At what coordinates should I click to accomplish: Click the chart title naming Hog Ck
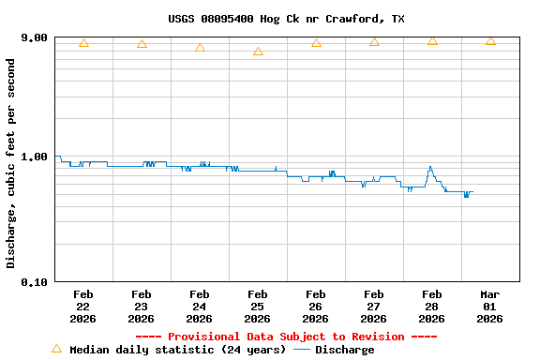pyautogui.click(x=286, y=19)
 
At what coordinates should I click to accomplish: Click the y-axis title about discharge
pyautogui.click(x=11, y=163)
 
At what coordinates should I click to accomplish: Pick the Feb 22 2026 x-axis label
pyautogui.click(x=82, y=307)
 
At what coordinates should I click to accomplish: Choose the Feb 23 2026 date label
pyautogui.click(x=141, y=307)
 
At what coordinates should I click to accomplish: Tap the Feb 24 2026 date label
pyautogui.click(x=199, y=307)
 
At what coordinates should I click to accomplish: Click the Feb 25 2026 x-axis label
pyautogui.click(x=257, y=307)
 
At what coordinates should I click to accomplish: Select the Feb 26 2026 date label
pyautogui.click(x=315, y=307)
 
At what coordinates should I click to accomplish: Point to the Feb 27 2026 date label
pyautogui.click(x=373, y=307)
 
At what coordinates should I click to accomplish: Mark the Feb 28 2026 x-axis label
pyautogui.click(x=431, y=307)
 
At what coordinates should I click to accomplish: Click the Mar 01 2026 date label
pyautogui.click(x=489, y=307)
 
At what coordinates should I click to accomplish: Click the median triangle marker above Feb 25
pyautogui.click(x=258, y=52)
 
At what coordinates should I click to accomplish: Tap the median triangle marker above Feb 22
pyautogui.click(x=83, y=42)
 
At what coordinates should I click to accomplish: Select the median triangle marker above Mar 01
pyautogui.click(x=490, y=40)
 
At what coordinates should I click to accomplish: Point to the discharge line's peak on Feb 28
pyautogui.click(x=430, y=167)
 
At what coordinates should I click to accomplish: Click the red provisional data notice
pyautogui.click(x=286, y=337)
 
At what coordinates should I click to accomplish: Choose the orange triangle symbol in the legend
pyautogui.click(x=56, y=349)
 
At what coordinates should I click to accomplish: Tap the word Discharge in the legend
pyautogui.click(x=344, y=350)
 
